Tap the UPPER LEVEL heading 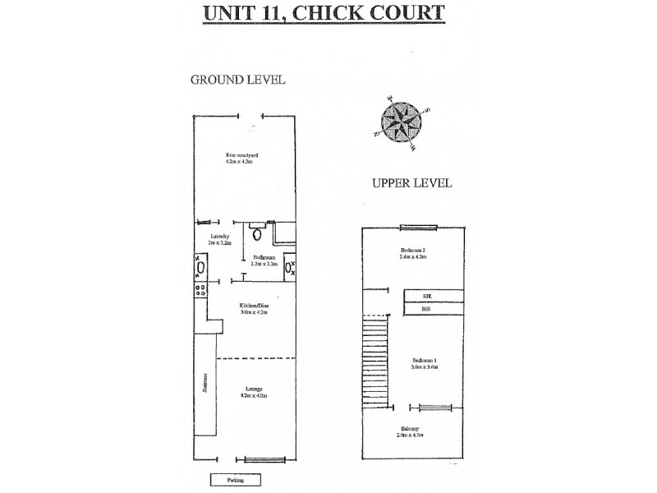(412, 183)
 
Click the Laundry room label (218, 239)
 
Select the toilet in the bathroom (257, 234)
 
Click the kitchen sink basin (199, 267)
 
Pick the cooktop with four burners (199, 288)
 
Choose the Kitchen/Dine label (255, 310)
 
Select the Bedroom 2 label (412, 253)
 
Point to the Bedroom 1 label (425, 364)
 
